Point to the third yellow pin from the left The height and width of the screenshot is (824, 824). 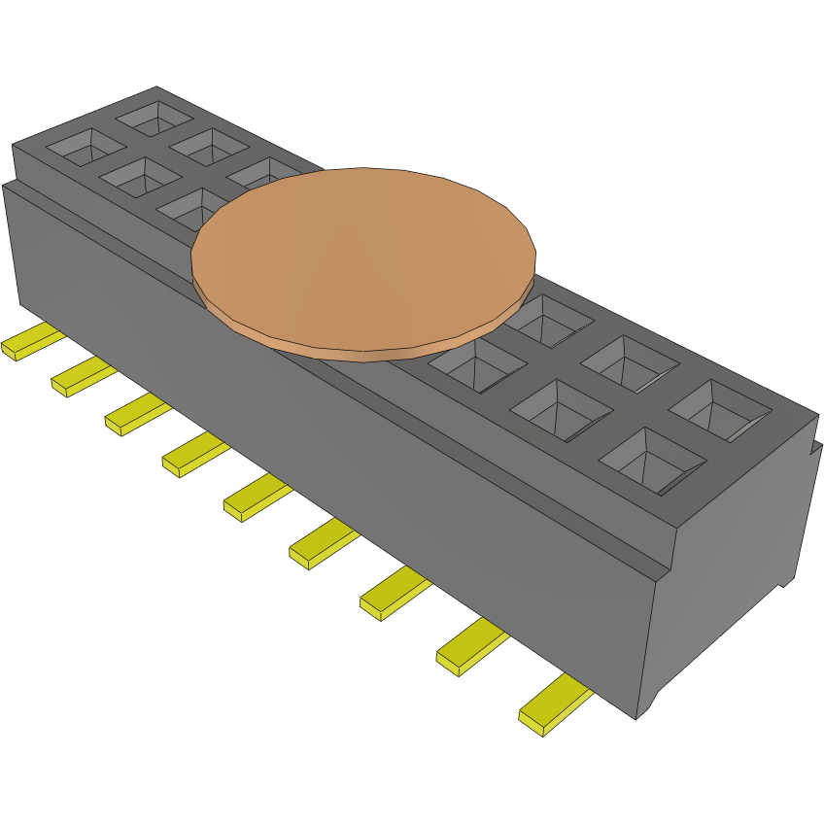coord(136,416)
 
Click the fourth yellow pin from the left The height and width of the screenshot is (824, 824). coord(193,456)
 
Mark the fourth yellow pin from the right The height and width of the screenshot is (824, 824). coord(322,544)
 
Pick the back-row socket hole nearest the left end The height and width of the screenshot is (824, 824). coord(155,117)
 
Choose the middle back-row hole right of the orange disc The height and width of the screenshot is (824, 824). coord(630,362)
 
